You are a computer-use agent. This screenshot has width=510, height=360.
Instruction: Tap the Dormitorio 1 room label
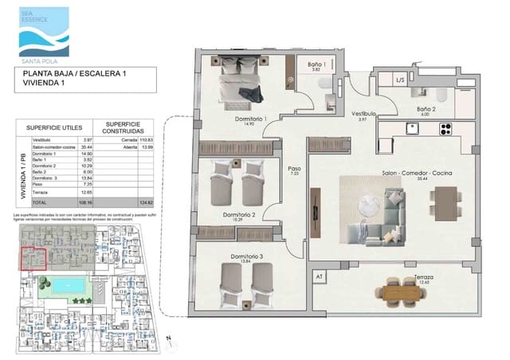[249, 119]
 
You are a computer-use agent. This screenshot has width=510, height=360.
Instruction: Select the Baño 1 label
[317, 64]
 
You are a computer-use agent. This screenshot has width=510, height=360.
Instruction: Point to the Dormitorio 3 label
[247, 256]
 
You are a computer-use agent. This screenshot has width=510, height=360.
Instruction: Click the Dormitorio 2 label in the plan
[239, 214]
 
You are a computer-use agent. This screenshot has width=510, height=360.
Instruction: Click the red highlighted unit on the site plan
[33, 259]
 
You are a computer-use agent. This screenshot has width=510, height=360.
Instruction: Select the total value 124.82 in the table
[145, 203]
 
